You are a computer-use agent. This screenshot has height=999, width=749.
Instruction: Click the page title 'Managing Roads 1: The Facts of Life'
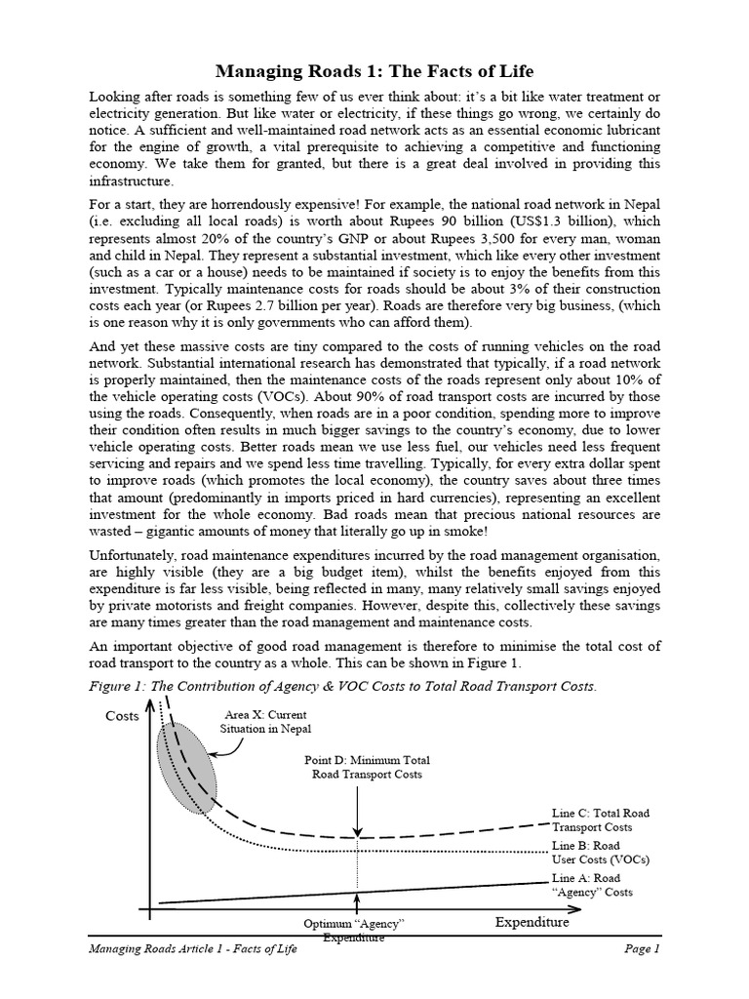click(x=374, y=72)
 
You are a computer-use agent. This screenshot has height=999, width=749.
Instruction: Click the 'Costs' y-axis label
click(x=122, y=716)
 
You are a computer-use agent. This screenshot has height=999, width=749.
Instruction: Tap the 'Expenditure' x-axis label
click(x=532, y=921)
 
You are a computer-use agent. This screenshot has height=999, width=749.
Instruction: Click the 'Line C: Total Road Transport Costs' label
click(x=600, y=819)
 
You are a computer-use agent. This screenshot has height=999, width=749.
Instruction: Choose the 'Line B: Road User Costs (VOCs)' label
click(x=600, y=853)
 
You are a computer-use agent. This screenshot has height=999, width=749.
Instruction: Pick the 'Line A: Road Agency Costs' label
click(x=592, y=885)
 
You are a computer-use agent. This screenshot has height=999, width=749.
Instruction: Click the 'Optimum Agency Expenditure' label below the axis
click(x=355, y=930)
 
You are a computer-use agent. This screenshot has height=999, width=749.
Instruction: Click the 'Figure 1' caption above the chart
click(x=341, y=687)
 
